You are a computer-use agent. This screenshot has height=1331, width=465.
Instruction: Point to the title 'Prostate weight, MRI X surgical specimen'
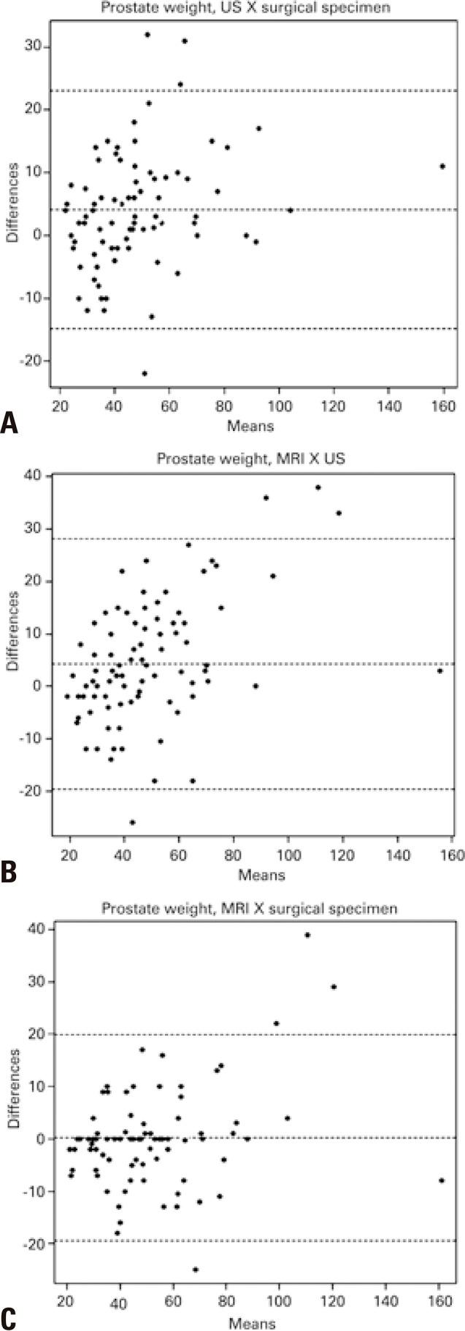point(250,908)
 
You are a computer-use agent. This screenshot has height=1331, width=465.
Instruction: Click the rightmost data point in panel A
point(442,166)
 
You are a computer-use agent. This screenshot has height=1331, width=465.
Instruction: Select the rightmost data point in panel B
point(439,670)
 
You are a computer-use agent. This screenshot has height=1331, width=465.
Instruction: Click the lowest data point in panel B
point(132,822)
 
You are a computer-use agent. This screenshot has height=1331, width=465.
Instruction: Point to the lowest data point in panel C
point(196,1270)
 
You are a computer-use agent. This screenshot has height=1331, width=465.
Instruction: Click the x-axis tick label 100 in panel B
point(288,855)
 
